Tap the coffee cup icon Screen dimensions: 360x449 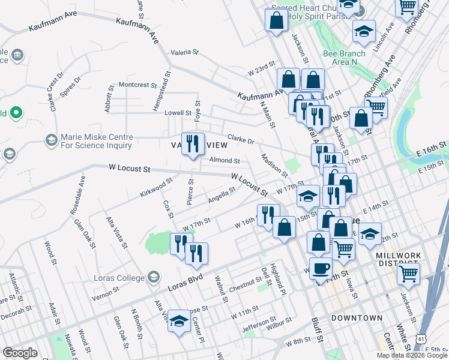coord(320,268)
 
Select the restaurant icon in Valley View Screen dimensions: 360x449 coord(193,144)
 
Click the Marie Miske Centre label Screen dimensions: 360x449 coord(96,140)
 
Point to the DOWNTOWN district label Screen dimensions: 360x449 coord(357,317)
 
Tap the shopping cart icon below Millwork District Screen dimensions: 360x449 coord(408,274)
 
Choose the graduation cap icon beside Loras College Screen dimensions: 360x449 coord(154,277)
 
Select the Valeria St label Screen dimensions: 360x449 coord(184,52)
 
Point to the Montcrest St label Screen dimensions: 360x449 coord(137,85)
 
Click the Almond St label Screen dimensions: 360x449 coord(224,161)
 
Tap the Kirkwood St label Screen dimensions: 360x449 coord(156,185)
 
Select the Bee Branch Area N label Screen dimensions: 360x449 coord(344,57)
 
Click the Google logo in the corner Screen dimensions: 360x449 coord(20,353)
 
